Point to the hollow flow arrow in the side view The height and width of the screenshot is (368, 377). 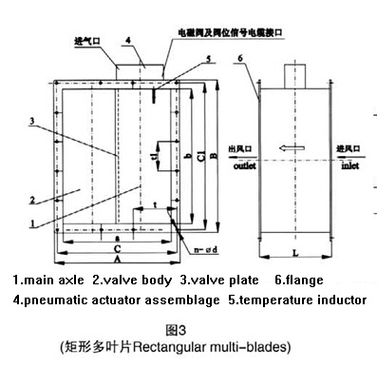(x=292, y=147)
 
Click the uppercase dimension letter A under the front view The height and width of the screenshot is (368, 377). (x=114, y=260)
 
